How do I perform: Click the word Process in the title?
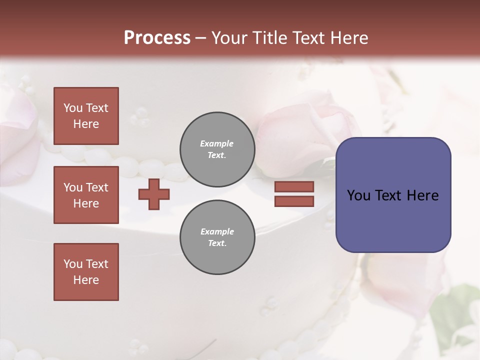[x=157, y=37]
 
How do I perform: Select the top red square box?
[x=86, y=116]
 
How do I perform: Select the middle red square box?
[x=86, y=195]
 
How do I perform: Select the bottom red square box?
[x=86, y=272]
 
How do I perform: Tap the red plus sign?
[x=154, y=193]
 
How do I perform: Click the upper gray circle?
[x=217, y=149]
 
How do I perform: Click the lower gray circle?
[x=217, y=237]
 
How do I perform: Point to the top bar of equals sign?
[x=294, y=186]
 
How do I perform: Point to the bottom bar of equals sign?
[x=294, y=201]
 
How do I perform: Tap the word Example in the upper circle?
[x=216, y=143]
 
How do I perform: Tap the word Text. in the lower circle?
[x=217, y=243]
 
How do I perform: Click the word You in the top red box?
[x=73, y=108]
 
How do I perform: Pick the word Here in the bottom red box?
[x=86, y=280]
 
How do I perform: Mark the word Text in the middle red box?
[x=97, y=187]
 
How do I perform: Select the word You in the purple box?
[x=358, y=195]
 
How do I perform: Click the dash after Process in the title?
[x=200, y=38]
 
